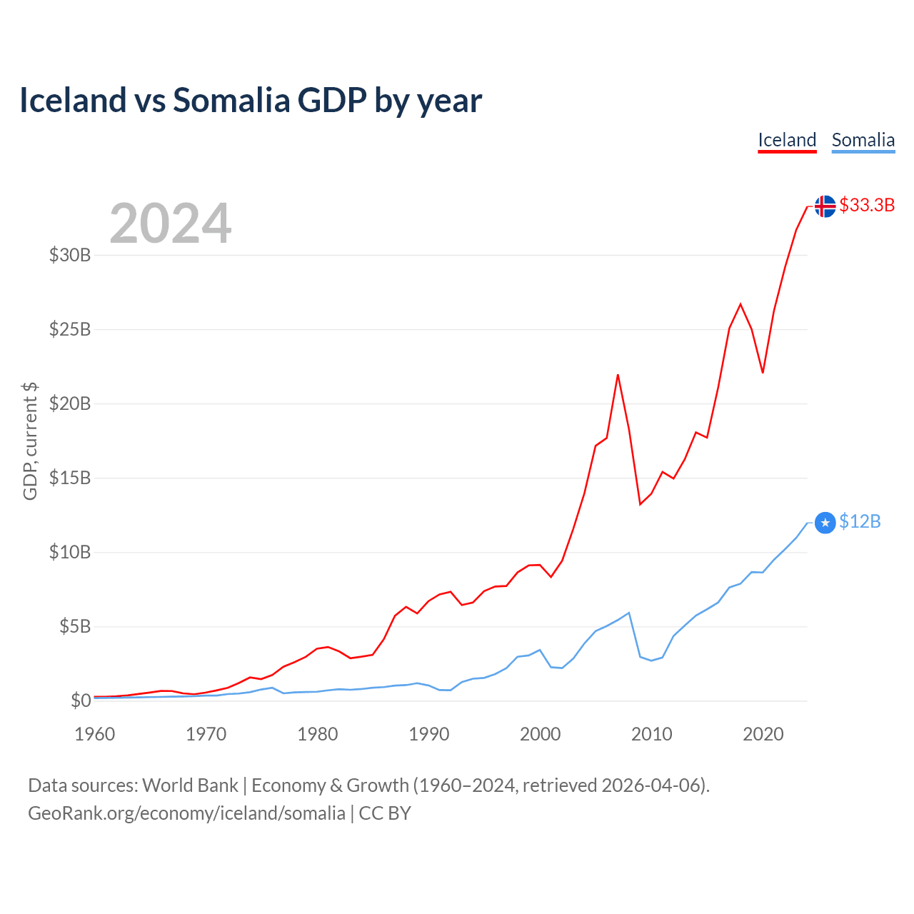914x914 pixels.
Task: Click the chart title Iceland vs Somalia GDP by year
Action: [251, 100]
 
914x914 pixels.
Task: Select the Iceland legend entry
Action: [787, 140]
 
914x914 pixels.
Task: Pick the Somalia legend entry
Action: [863, 140]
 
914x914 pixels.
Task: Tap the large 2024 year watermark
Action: [171, 224]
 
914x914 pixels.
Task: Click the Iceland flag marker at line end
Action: [825, 206]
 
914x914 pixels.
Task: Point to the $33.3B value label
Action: [867, 205]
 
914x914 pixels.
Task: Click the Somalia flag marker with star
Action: [825, 523]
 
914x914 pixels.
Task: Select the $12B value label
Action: [860, 522]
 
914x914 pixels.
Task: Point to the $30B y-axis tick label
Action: [70, 255]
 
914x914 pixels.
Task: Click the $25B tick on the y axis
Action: [70, 329]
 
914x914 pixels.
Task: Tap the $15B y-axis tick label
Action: [70, 478]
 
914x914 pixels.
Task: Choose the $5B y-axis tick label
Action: [75, 626]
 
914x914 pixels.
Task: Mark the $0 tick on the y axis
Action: [81, 700]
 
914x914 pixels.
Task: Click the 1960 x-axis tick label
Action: [95, 734]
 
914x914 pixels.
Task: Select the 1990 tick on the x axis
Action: [429, 734]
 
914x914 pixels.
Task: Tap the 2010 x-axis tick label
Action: [652, 734]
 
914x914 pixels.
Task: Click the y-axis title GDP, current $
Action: [30, 441]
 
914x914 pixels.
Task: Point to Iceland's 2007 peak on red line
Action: [618, 375]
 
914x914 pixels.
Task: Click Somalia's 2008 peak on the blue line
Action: [628, 613]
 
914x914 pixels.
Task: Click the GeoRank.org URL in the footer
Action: [186, 813]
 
